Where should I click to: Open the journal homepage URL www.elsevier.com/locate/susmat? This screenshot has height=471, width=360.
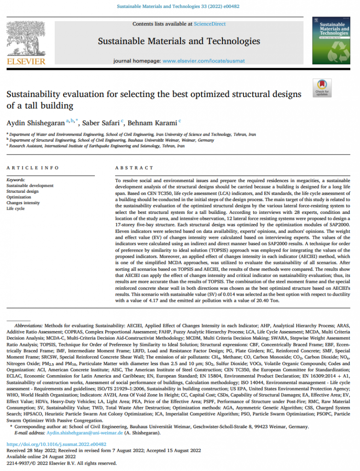[x=204, y=61]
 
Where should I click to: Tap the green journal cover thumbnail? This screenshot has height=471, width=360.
[x=331, y=40]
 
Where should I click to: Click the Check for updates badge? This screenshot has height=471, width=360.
[x=322, y=88]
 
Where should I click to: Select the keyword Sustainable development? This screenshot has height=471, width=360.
[x=30, y=186]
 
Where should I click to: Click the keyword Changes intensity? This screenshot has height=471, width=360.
[x=23, y=203]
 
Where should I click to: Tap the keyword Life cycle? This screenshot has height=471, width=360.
[x=16, y=208]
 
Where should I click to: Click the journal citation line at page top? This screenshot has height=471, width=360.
[x=180, y=7]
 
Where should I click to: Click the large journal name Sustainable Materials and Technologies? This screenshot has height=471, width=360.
[x=179, y=42]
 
